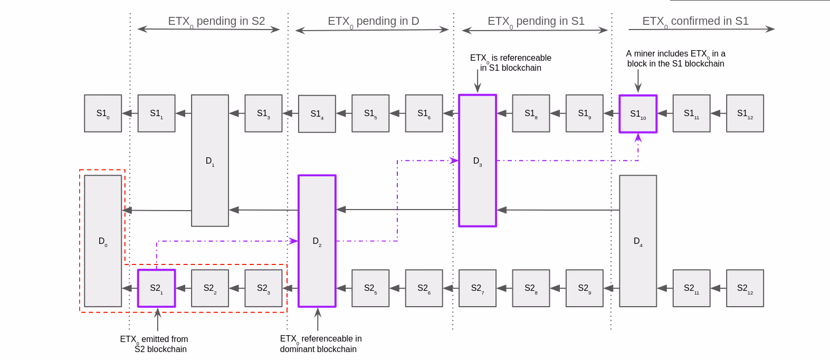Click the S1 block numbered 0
[103, 113]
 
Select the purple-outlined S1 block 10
[638, 114]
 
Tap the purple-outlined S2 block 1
[156, 288]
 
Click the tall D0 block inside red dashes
[103, 241]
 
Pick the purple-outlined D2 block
[317, 241]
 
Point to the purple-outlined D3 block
[478, 161]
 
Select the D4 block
[638, 241]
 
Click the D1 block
[210, 160]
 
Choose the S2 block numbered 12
[745, 288]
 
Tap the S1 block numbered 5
[370, 113]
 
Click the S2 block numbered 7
[478, 288]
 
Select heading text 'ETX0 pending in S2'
[216, 21]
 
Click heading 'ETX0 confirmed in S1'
[695, 21]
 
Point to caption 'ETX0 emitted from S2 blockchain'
[154, 344]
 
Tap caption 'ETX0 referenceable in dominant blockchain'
[320, 344]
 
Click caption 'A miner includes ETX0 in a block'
[675, 59]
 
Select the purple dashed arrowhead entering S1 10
[638, 137]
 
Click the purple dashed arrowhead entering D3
[454, 160]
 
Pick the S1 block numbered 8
[531, 113]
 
